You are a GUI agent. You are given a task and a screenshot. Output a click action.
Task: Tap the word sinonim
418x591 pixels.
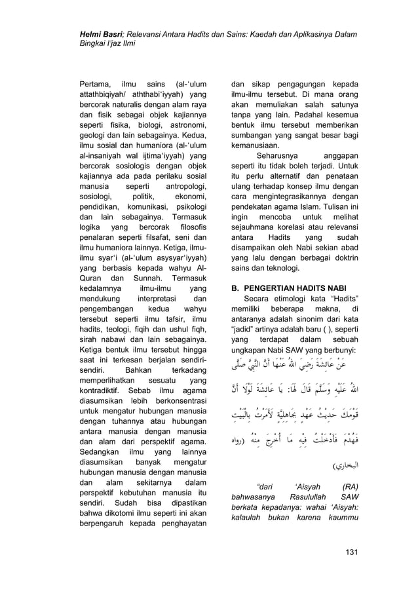[x=309, y=322]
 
